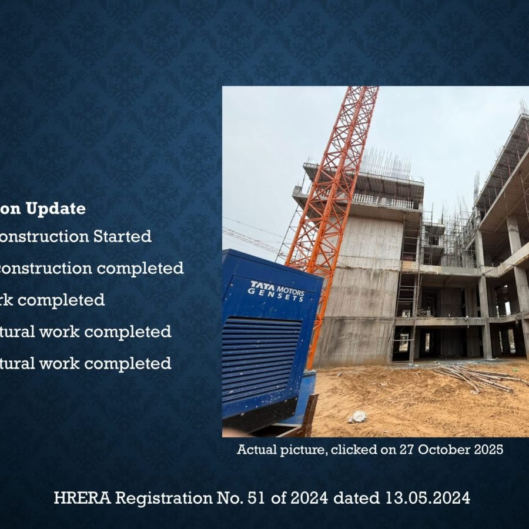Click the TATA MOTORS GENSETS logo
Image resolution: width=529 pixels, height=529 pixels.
(277, 290)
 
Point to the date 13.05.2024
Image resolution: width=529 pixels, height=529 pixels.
(428, 498)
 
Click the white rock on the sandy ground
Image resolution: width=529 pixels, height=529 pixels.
(357, 417)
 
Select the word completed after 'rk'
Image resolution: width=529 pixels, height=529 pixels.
(65, 300)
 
